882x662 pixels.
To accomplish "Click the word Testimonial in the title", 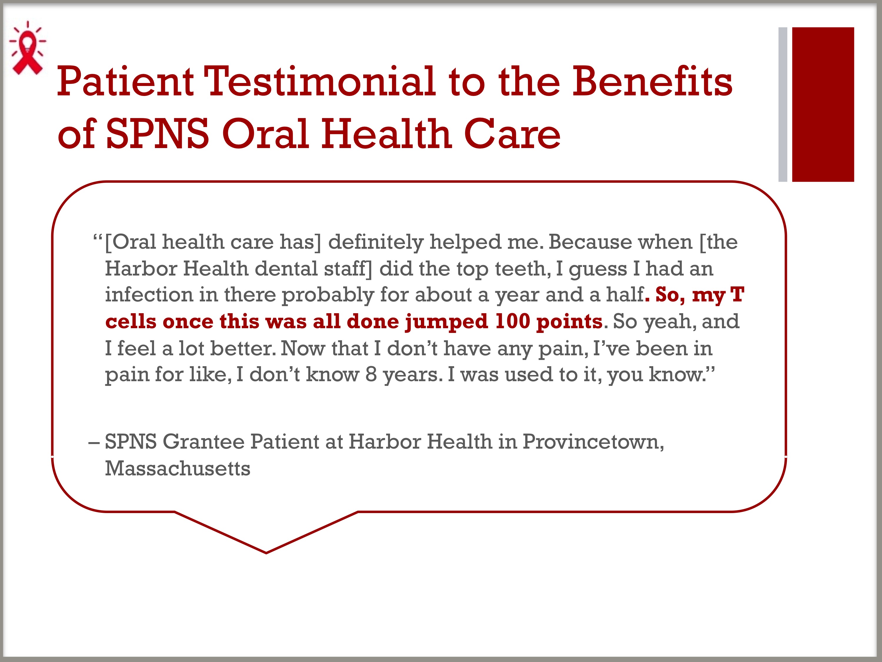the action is [320, 82].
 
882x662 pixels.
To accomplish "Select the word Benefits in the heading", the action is [652, 82].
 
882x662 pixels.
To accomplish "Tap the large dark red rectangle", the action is [823, 104].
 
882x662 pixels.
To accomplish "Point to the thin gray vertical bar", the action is [783, 104].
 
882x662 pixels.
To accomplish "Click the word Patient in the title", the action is [125, 82].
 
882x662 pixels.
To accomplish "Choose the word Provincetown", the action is [593, 442].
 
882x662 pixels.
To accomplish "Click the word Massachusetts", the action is [177, 469].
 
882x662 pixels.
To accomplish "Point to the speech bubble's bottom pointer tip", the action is [266, 553].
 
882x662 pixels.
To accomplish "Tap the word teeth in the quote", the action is [523, 268].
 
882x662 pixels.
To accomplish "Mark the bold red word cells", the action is [131, 321].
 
